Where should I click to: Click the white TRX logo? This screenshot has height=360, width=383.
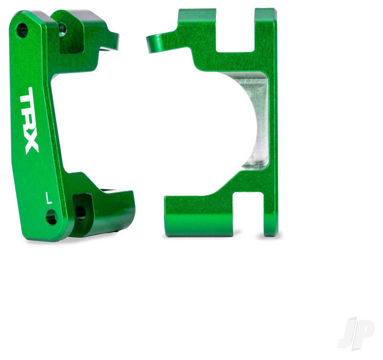tap(29, 121)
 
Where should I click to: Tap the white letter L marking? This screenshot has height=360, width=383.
tap(49, 198)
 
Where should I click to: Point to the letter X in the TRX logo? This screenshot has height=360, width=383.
tap(31, 144)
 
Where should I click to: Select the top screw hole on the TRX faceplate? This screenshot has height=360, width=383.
tap(22, 30)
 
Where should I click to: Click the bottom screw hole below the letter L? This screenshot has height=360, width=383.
tap(52, 217)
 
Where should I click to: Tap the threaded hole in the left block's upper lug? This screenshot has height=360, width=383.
tap(63, 29)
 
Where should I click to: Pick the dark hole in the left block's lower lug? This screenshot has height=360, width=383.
tap(80, 212)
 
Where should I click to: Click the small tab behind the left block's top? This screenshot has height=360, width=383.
tap(111, 42)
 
